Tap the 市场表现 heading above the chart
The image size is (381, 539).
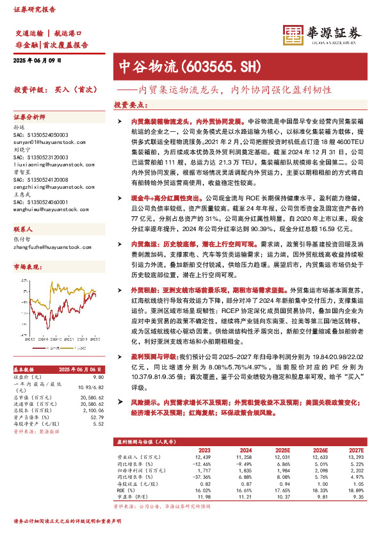(x=28, y=248)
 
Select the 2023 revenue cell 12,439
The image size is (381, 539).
(x=201, y=457)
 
